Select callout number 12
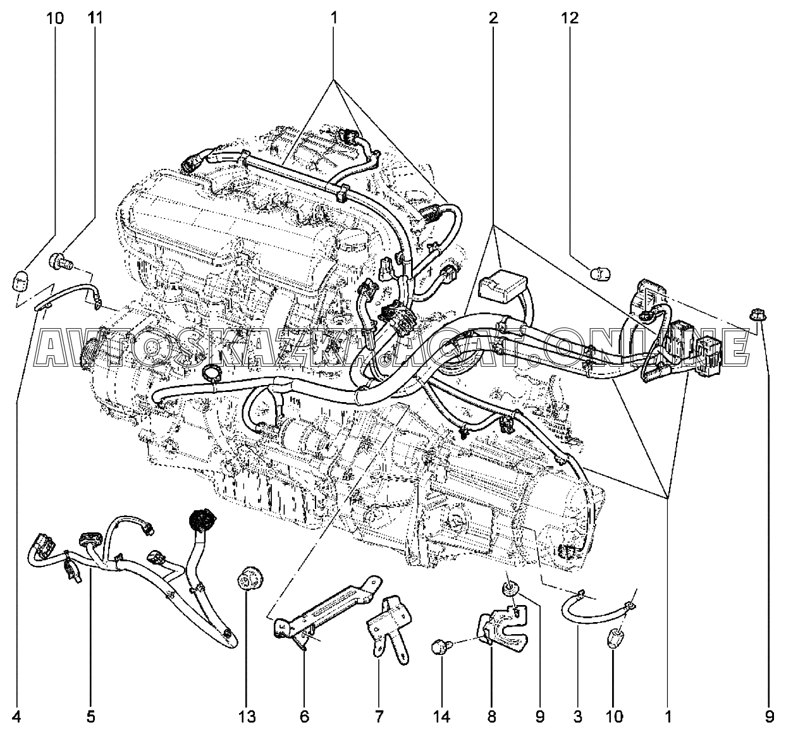[570, 18]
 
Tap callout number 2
[493, 18]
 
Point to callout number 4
[17, 716]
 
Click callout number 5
[90, 716]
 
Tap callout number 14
[441, 716]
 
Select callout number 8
[491, 716]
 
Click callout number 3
[577, 716]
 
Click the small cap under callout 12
[599, 274]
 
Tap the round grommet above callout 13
[247, 580]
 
